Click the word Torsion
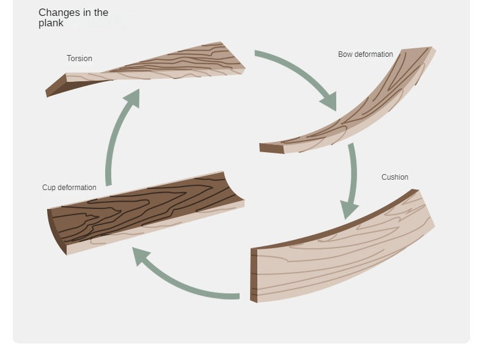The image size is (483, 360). tap(79, 59)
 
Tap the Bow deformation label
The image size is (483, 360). tap(365, 54)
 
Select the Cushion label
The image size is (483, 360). tap(394, 177)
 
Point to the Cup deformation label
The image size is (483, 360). tap(69, 188)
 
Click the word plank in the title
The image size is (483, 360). tap(51, 23)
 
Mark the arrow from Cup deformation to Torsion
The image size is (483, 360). tap(116, 141)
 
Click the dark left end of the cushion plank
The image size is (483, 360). tap(254, 275)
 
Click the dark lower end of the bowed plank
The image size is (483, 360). tap(271, 148)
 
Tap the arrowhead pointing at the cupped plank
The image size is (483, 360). tap(142, 255)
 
